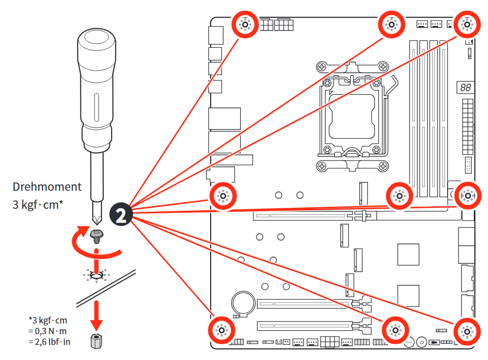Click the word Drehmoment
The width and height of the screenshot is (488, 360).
47,187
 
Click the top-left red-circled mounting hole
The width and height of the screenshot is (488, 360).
245,24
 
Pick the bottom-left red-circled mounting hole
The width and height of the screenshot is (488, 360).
221,331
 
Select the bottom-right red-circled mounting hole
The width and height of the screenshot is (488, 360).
467,332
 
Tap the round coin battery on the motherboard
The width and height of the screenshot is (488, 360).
242,302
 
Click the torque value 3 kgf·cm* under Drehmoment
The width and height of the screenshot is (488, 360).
38,204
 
